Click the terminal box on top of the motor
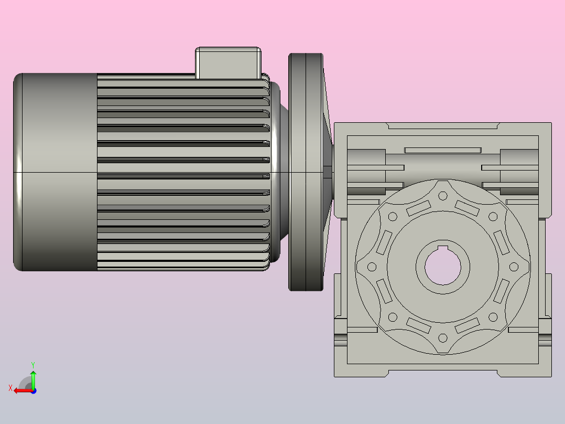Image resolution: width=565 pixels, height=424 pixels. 228,63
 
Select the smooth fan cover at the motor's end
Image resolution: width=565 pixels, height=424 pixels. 55,172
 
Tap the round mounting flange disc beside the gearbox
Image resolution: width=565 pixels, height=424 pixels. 306,172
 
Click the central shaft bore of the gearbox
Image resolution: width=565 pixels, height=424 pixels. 443,268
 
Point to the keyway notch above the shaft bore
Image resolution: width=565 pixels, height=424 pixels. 443,248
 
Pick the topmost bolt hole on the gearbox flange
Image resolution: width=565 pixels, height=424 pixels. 443,196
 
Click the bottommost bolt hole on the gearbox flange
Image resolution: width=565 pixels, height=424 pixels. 443,338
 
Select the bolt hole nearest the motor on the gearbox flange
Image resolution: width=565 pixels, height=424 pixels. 372,267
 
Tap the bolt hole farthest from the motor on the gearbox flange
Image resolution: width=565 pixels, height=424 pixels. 514,267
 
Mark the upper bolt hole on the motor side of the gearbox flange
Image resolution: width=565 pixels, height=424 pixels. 393,217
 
